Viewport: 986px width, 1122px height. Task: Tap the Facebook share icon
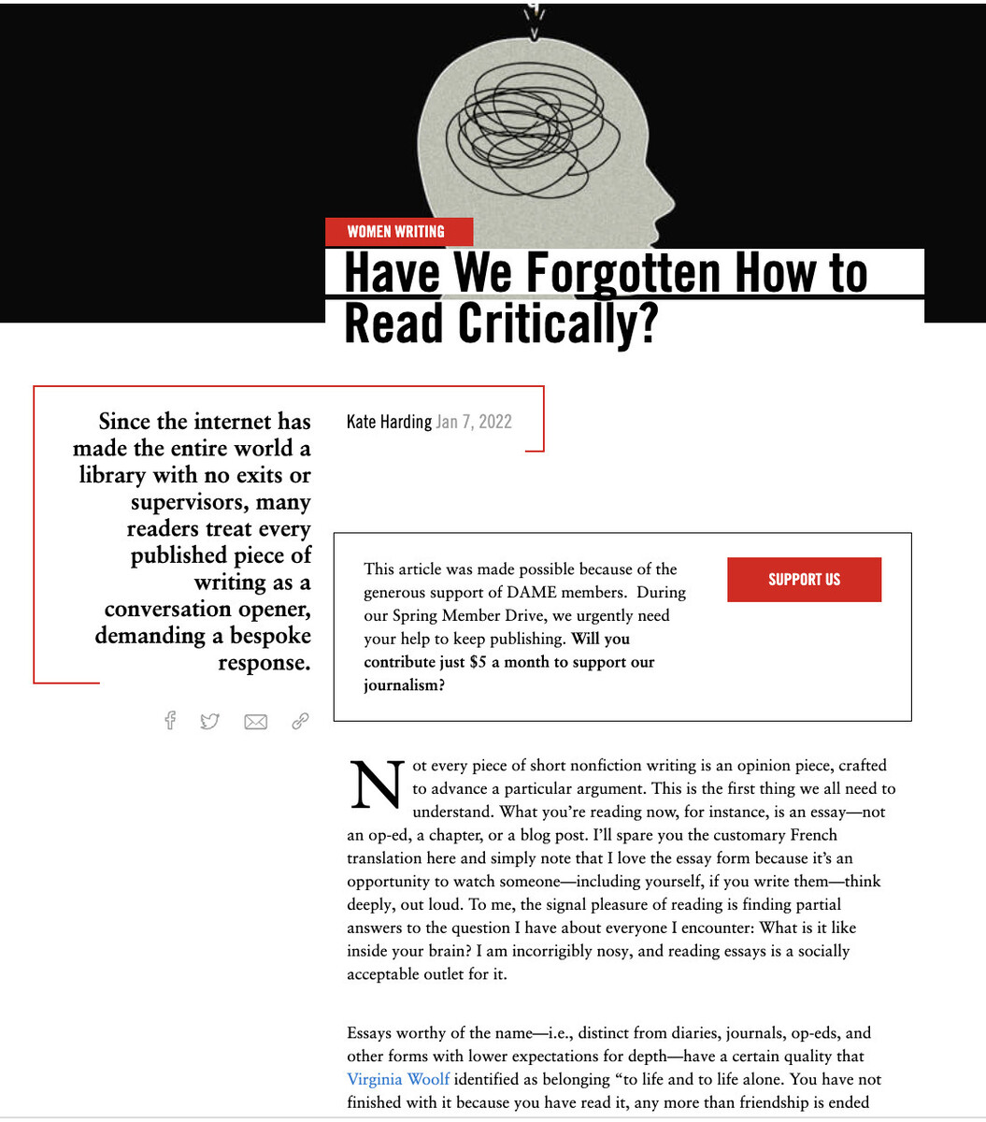click(x=170, y=720)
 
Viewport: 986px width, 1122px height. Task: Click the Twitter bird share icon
click(x=209, y=721)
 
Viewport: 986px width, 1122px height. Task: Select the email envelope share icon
click(x=255, y=721)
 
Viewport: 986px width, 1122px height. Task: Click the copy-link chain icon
click(x=300, y=720)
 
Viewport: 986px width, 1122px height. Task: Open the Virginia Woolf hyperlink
click(x=397, y=1079)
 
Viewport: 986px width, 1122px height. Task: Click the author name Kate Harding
click(x=389, y=422)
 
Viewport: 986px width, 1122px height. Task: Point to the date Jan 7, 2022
click(x=474, y=422)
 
